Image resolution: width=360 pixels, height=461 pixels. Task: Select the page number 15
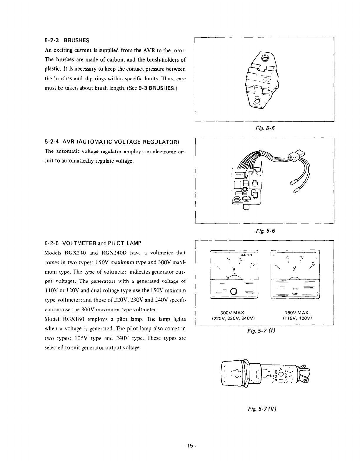(191, 446)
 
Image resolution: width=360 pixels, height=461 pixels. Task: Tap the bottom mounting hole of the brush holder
(258, 101)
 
